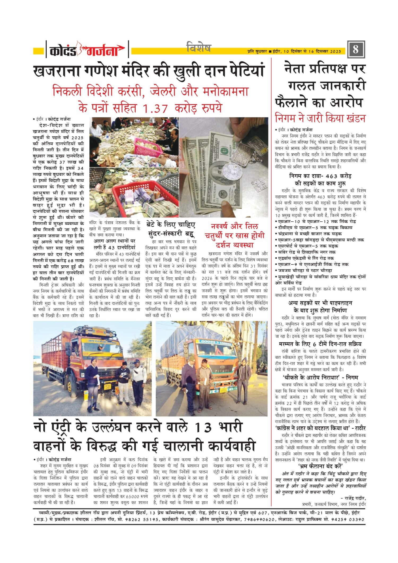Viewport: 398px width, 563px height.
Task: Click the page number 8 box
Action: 356,49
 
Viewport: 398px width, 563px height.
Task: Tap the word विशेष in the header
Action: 199,48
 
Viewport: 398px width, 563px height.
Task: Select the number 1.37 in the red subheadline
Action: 155,108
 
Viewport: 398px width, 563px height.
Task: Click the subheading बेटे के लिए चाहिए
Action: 171,225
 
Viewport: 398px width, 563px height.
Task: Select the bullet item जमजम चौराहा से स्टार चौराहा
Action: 304,270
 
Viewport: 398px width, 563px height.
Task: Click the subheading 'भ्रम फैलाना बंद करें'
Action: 321,466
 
